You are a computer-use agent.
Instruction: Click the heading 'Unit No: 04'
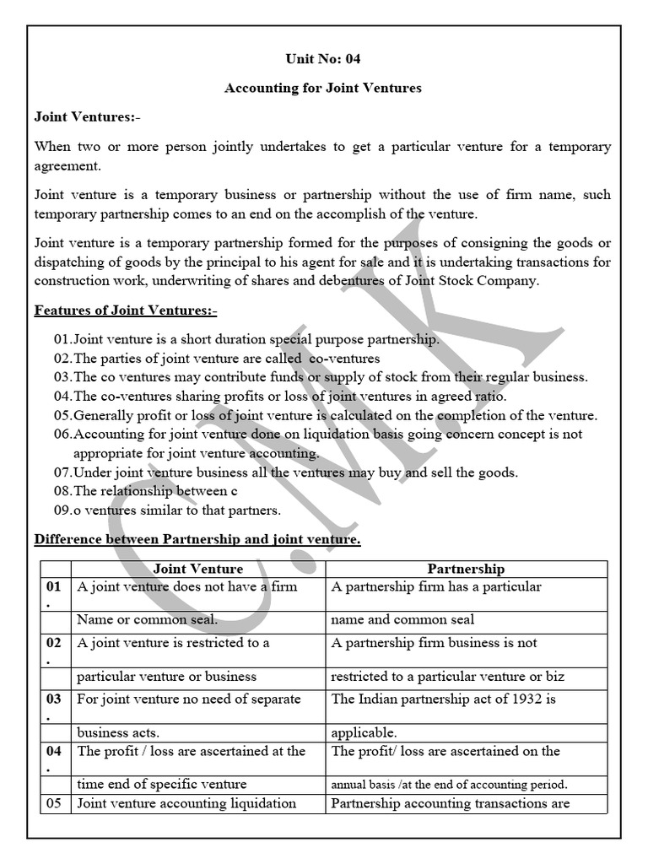(323, 59)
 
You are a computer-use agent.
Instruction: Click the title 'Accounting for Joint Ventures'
(323, 88)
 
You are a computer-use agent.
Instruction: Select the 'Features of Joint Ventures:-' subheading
(126, 310)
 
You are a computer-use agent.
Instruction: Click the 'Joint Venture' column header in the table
(197, 570)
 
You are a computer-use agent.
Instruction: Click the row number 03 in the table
(54, 699)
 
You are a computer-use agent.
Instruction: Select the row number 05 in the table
(54, 803)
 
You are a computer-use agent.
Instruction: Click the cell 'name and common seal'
(402, 619)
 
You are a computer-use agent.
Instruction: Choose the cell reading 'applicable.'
(364, 732)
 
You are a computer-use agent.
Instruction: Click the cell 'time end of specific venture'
(162, 784)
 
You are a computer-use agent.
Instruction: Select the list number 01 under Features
(62, 340)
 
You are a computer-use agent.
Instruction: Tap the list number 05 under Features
(62, 415)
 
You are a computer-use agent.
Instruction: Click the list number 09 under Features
(62, 510)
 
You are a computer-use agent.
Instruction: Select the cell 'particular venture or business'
(166, 677)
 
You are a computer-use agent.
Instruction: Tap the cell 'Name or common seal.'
(147, 619)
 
